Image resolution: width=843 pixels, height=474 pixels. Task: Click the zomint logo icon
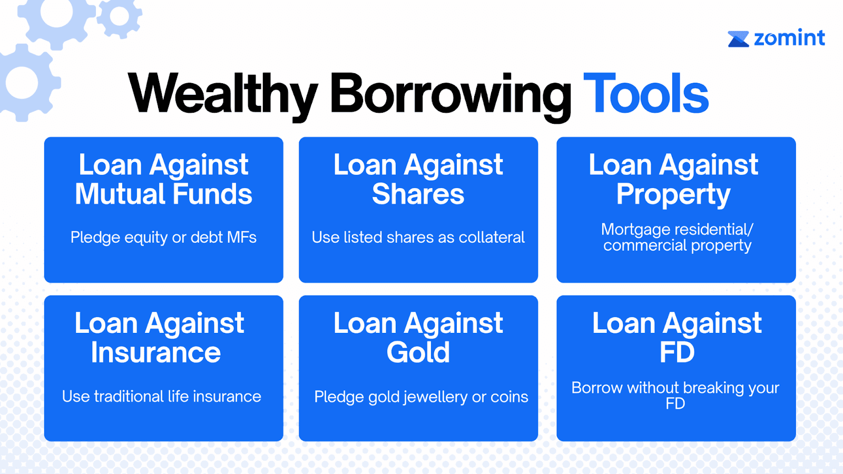coord(738,39)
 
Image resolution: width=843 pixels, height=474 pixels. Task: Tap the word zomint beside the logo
coord(790,37)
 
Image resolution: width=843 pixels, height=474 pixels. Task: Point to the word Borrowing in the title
coord(451,97)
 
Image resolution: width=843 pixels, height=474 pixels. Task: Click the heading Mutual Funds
coord(163,194)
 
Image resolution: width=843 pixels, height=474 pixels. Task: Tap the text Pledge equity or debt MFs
coord(163,238)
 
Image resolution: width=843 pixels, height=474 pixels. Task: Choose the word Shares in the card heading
coord(418,194)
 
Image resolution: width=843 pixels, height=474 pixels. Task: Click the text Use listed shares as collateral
coord(418,238)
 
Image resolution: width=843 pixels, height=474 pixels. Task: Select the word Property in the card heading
coord(673,195)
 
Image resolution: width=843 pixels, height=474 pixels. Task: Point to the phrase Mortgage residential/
coord(677,230)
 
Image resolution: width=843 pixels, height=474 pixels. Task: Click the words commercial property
coord(677,245)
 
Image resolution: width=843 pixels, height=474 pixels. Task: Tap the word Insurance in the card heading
coord(156,352)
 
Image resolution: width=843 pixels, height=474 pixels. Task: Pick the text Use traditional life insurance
coord(161,397)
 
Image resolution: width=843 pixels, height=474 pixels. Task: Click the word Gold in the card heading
coord(418,352)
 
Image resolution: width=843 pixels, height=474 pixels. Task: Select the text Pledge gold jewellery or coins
coord(421,397)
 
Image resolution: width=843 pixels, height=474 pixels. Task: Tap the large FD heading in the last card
coord(677,352)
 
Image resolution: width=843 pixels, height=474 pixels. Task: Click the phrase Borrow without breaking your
coord(675,388)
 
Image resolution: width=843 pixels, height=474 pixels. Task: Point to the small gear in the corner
coord(119,16)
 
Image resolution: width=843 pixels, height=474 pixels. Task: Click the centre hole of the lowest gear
coord(22,82)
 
